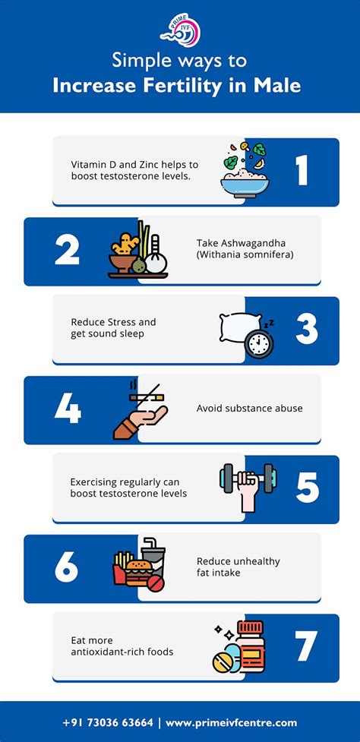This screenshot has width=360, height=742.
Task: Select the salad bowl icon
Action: coord(245,170)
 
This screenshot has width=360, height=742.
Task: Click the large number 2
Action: coord(67,250)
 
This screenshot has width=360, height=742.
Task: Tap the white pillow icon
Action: coord(239,327)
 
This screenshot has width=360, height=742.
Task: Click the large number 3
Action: coord(307,329)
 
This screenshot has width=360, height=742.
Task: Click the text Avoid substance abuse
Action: coord(249,408)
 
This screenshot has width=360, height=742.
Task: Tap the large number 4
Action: coord(67,409)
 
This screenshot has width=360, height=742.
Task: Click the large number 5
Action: coord(308,488)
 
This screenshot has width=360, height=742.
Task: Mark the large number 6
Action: coord(66,567)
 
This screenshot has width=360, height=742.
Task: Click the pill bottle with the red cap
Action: coord(250,646)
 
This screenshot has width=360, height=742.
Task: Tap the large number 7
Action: coord(307,646)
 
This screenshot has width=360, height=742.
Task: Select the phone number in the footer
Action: coord(108,722)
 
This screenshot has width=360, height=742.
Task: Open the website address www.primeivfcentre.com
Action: coord(232,723)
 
